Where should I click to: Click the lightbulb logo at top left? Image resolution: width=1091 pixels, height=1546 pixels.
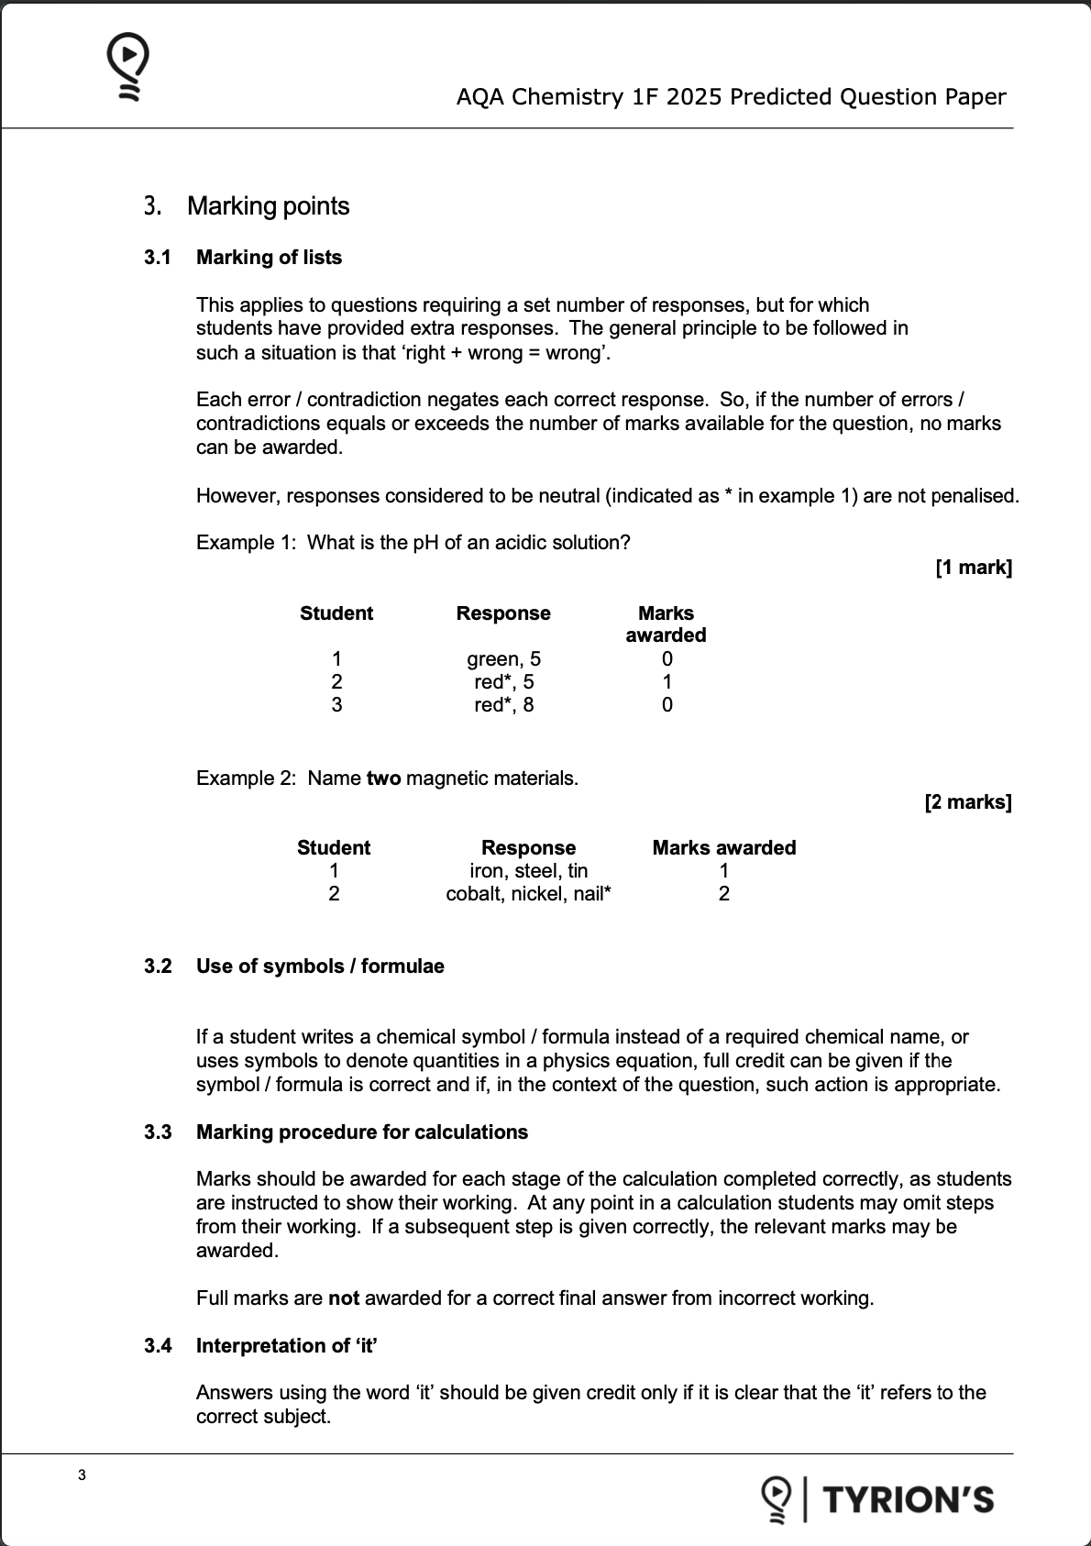128,66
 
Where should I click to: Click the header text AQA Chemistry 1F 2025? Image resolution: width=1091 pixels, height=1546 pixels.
731,97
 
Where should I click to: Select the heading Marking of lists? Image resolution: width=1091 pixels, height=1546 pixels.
269,258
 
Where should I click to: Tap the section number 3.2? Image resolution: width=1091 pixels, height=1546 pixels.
158,966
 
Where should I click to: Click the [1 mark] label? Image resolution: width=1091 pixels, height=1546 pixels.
974,568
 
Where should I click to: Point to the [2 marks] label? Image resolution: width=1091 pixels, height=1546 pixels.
968,802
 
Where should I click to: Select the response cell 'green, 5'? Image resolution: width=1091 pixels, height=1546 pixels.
503,659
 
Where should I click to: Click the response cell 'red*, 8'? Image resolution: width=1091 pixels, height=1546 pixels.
503,705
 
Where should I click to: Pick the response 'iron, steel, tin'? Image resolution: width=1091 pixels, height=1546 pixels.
528,871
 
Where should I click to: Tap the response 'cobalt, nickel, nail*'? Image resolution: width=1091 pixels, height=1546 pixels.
528,894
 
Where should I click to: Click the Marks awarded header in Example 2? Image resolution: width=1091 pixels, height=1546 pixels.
723,848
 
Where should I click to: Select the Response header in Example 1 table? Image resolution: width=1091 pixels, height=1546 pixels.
503,613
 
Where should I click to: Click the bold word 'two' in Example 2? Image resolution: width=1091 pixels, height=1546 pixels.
383,779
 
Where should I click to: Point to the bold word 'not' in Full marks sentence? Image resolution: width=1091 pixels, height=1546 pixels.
344,1298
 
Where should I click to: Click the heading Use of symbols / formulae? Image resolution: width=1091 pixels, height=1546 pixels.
320,966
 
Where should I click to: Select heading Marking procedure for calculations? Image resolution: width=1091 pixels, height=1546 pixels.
362,1132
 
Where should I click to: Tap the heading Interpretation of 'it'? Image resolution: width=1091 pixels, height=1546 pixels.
287,1346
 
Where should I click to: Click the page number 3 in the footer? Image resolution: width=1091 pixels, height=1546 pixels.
83,1475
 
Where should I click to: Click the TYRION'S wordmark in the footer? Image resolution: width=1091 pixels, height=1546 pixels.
908,1500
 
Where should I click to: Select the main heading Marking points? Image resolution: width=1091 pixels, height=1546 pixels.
268,206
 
